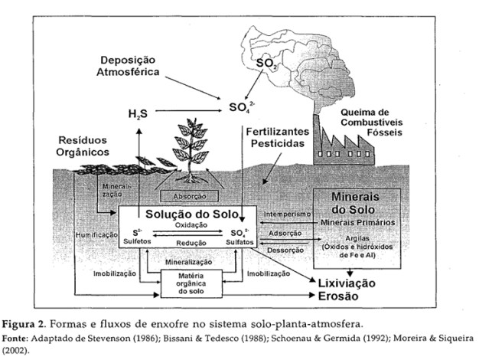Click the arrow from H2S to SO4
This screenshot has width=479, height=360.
[x=187, y=111]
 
